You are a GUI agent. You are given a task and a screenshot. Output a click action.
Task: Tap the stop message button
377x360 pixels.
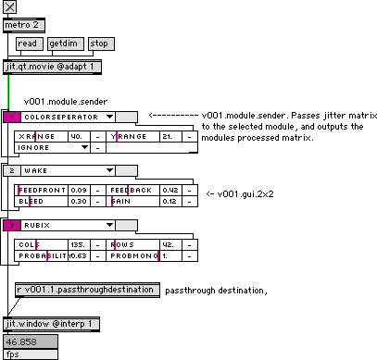coord(99,43)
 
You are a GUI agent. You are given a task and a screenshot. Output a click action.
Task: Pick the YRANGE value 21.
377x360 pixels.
coord(170,135)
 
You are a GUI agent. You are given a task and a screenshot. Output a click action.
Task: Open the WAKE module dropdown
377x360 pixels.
coord(61,170)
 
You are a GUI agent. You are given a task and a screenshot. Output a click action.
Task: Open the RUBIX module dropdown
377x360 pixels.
coord(61,225)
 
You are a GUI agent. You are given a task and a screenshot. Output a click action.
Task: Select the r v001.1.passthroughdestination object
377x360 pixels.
coord(86,290)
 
